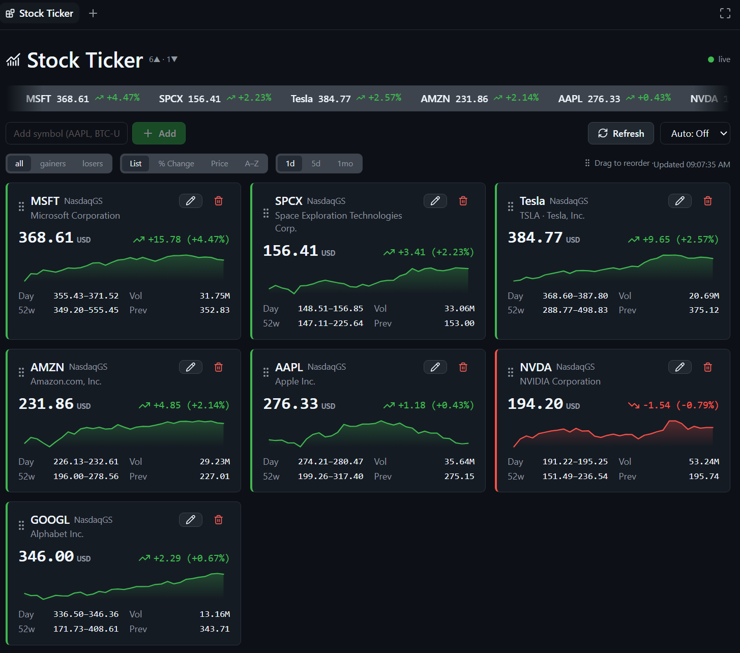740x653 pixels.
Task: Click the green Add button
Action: (159, 133)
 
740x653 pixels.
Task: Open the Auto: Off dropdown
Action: (695, 133)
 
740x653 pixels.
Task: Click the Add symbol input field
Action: (67, 133)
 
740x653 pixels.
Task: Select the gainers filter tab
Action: (53, 163)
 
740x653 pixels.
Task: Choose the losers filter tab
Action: (93, 163)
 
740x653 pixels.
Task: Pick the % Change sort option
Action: (176, 163)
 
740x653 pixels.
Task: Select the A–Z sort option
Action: (252, 163)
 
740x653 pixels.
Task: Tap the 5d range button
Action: (316, 163)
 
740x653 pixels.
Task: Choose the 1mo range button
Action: (345, 163)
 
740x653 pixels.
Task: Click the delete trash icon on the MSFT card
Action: (218, 201)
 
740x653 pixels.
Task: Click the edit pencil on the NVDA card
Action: (680, 367)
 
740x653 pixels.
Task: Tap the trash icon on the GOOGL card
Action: (218, 520)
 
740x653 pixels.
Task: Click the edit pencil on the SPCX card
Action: (435, 201)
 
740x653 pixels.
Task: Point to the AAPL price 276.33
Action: (290, 404)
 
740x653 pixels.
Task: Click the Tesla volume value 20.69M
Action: (704, 296)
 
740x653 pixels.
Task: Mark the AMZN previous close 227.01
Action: (215, 476)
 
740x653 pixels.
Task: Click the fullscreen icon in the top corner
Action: (725, 14)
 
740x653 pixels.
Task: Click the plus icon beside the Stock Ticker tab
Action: (93, 14)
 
